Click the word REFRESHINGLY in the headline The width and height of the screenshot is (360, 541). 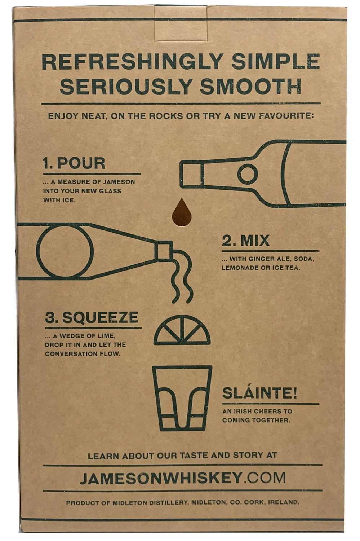133,62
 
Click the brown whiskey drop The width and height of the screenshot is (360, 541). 182,212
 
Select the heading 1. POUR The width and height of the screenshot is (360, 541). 74,163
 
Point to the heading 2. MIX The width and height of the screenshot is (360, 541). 245,240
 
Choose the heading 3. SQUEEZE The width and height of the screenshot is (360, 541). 92,317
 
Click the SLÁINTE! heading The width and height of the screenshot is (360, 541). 259,393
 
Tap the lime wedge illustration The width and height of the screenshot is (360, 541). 182,330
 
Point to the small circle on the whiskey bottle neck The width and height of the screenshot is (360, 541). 248,174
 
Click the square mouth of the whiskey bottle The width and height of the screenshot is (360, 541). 192,174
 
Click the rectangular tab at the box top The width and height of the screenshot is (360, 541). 181,23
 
